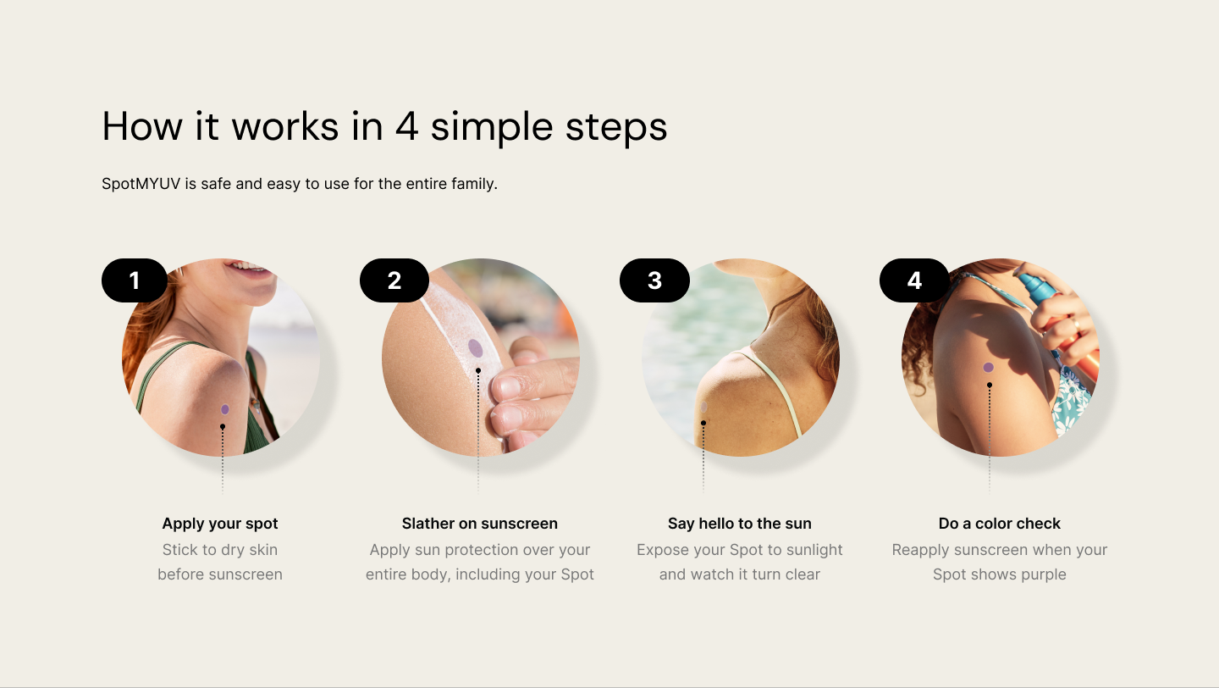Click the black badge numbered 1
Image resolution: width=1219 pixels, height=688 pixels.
click(135, 280)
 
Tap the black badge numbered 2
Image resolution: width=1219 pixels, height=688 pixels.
click(394, 280)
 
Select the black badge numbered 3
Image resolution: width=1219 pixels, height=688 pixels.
click(654, 280)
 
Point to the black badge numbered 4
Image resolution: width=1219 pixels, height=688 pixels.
click(915, 280)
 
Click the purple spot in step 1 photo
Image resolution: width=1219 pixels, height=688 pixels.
click(225, 409)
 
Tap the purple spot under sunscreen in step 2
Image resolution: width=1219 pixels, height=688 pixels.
click(476, 348)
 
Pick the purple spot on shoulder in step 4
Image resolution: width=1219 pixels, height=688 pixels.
click(988, 368)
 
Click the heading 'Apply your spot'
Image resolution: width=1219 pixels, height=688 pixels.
click(220, 524)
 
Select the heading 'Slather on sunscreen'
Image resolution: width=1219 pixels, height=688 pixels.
click(479, 524)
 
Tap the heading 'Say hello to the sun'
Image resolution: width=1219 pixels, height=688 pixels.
click(740, 524)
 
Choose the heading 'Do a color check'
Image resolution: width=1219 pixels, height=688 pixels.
click(1000, 524)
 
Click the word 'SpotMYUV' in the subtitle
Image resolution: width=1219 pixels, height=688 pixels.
click(141, 184)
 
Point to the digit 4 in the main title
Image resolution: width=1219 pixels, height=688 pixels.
click(406, 126)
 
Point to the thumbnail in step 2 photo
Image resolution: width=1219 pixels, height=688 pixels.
click(508, 387)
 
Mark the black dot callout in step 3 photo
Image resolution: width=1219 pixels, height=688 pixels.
click(703, 423)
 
